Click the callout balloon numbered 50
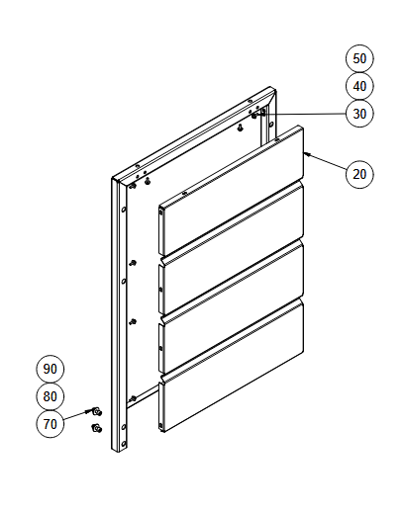click(359, 58)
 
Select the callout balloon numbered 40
click(359, 86)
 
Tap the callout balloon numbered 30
click(359, 114)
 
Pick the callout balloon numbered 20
click(359, 174)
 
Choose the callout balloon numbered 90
click(50, 369)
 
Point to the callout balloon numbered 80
click(50, 396)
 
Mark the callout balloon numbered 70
click(50, 424)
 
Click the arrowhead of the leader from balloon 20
click(305, 153)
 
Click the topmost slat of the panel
click(231, 191)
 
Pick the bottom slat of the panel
click(231, 367)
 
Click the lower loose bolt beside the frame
click(96, 428)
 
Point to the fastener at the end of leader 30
click(254, 116)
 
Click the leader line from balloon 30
click(301, 114)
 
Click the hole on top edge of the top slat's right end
click(276, 140)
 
